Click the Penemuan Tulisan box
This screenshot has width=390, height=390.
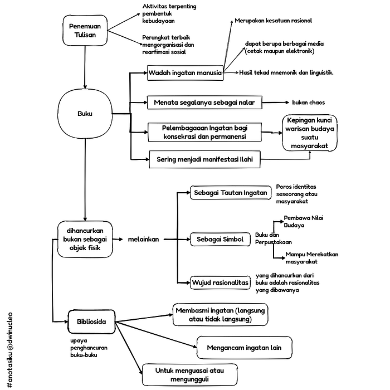tap(85, 30)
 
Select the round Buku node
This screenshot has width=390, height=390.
tap(85, 114)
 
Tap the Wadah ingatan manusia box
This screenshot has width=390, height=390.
tap(186, 73)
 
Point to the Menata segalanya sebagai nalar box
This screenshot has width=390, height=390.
tap(204, 102)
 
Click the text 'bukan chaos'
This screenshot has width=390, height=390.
tap(309, 103)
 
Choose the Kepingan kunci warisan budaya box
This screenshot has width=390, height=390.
tap(310, 133)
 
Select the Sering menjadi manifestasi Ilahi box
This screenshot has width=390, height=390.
tap(204, 159)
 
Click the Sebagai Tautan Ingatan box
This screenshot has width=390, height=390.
tap(231, 193)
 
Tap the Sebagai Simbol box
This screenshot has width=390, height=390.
tap(220, 239)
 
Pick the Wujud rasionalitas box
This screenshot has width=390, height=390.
tap(220, 282)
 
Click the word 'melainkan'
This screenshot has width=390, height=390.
tap(144, 239)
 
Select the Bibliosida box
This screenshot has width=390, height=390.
tap(91, 321)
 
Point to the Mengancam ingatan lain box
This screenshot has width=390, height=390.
tap(244, 348)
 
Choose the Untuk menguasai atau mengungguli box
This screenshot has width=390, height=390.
tap(189, 375)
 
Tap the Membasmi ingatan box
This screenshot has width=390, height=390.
tap(221, 315)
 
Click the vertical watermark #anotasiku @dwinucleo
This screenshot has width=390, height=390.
tap(9, 350)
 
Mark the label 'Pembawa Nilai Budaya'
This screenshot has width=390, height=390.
tap(304, 222)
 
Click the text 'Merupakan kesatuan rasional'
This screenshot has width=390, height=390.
tap(273, 21)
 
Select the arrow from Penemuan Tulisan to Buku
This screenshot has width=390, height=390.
tap(85, 67)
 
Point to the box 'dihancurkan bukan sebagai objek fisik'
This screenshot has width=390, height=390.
tap(85, 239)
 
